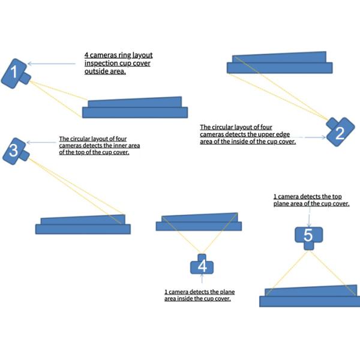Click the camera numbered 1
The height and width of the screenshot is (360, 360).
pyautogui.click(x=16, y=73)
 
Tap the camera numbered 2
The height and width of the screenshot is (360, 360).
pyautogui.click(x=338, y=131)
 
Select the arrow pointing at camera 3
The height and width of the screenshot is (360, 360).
pyautogui.click(x=43, y=143)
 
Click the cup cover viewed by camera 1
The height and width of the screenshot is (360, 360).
pyautogui.click(x=135, y=107)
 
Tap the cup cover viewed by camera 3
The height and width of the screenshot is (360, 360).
pyautogui.click(x=83, y=224)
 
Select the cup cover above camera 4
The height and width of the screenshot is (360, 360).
pyautogui.click(x=199, y=222)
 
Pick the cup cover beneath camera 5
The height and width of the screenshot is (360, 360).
pyautogui.click(x=309, y=296)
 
